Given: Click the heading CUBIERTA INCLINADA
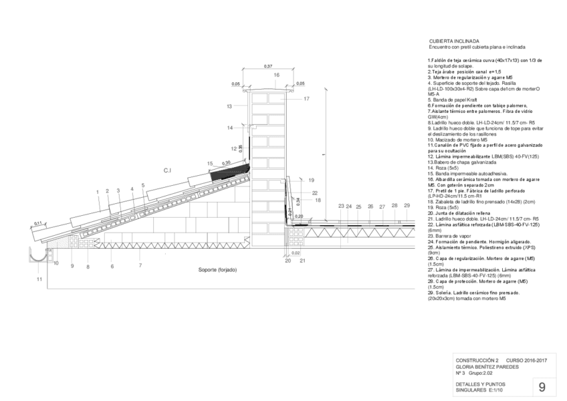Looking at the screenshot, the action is coord(453,41).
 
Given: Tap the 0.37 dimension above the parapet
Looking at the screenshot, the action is coord(268,65).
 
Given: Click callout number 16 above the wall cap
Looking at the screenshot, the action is coord(276,75).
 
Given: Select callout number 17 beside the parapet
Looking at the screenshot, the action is coord(306,99).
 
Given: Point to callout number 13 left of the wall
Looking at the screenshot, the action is coord(229,106).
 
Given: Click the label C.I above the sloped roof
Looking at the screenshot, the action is coord(168,170).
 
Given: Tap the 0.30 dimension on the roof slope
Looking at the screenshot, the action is coord(227,162).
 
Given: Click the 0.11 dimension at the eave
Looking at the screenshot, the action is coord(38,223).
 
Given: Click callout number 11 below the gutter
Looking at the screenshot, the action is coord(39,278).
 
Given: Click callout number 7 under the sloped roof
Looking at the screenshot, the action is coord(140,266).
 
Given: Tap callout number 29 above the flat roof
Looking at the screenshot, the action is coord(407,206).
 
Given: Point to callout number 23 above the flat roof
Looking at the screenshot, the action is coord(341,206).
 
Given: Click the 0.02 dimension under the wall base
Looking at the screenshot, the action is coord(296,253).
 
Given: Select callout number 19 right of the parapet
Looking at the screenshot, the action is coord(312,180).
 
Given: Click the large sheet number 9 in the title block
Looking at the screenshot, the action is coord(542,386).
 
